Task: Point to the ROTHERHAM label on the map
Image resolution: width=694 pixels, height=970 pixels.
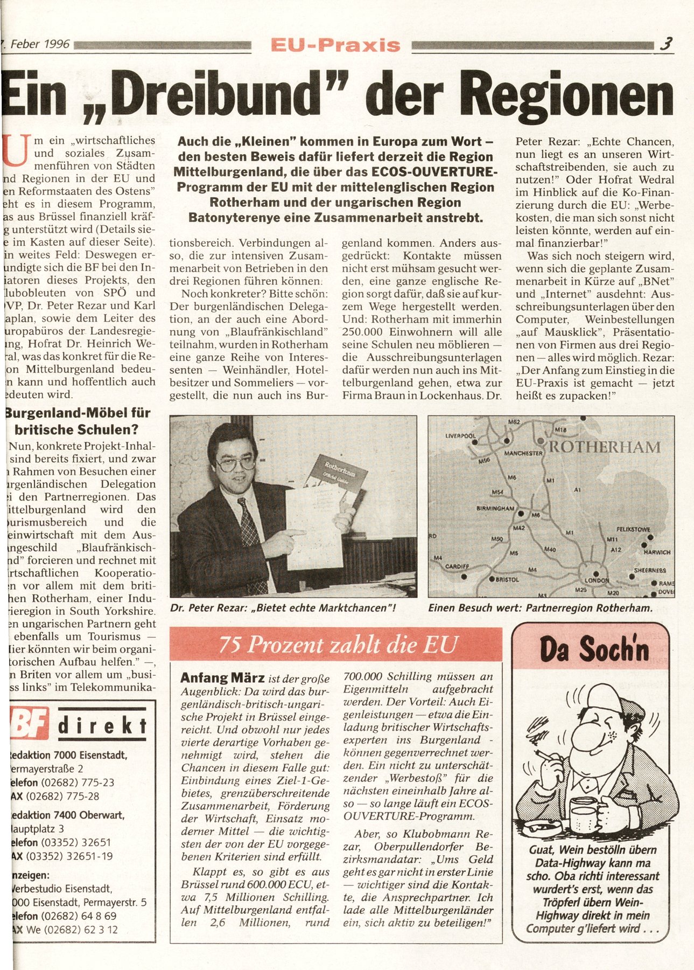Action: (x=604, y=447)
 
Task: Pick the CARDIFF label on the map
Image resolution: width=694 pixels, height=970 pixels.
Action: (x=457, y=566)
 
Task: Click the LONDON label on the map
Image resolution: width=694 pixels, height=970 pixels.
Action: (x=596, y=581)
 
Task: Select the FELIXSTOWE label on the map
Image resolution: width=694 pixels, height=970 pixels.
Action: (x=634, y=530)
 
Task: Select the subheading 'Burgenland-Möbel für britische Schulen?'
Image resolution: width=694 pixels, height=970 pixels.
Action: (x=78, y=421)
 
